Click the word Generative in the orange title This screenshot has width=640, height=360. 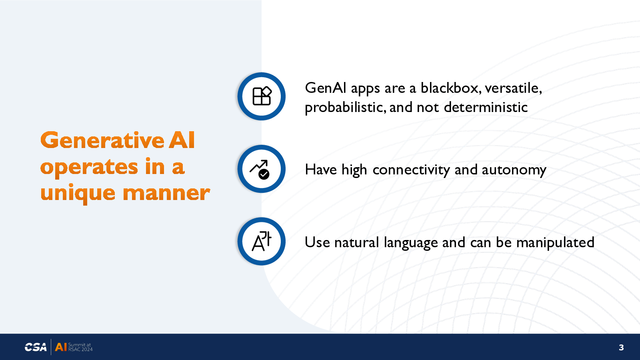pos(102,140)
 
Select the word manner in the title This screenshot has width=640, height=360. pos(166,194)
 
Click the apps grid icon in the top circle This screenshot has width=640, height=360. pos(262,96)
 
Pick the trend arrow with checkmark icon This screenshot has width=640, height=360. pos(260,170)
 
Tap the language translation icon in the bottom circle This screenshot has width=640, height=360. pos(262,241)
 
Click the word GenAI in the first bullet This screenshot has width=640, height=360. pos(326,88)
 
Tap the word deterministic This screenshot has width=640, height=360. pos(486,108)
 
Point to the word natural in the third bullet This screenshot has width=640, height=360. pos(356,242)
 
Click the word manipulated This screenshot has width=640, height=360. pos(556,242)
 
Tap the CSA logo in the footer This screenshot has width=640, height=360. pos(36,347)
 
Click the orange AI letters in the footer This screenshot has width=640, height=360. pos(61,347)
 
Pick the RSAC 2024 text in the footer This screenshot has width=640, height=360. pos(80,350)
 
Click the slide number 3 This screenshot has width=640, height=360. pos(621,348)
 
